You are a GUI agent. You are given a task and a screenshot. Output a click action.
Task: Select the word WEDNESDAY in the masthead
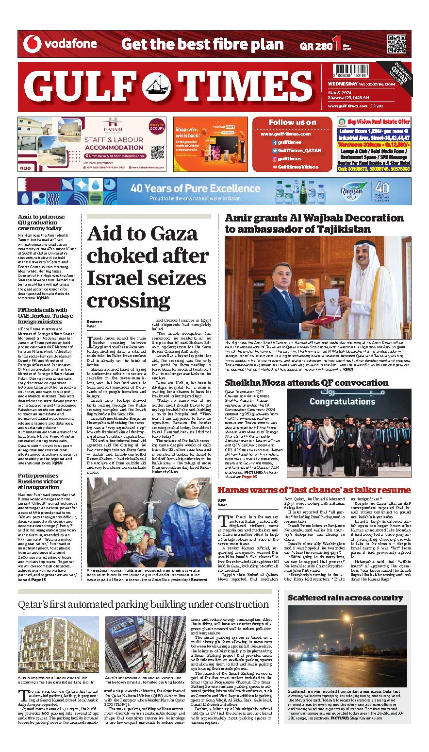(x=339, y=84)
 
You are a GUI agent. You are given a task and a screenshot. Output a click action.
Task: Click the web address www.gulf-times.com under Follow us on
(x=285, y=134)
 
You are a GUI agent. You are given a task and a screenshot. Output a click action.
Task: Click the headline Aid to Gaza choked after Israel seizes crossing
(x=148, y=267)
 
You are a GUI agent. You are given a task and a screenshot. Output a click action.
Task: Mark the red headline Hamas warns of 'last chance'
(x=314, y=490)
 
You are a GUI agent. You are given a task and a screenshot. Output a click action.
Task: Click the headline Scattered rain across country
(x=346, y=598)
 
